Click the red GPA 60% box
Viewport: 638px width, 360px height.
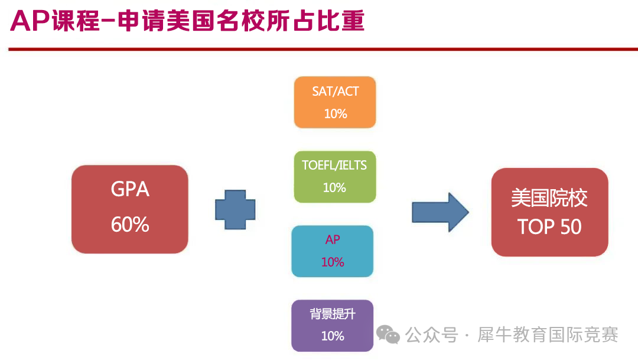point(130,209)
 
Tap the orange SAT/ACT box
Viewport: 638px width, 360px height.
point(335,102)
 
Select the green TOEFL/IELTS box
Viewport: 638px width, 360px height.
point(335,177)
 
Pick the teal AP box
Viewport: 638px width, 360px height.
point(333,251)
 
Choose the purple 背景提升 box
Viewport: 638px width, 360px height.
point(333,326)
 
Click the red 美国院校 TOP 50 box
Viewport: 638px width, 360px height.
point(549,212)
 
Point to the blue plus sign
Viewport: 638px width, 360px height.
point(235,209)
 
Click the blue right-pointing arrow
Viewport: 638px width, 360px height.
point(440,212)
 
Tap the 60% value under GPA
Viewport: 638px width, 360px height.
point(130,225)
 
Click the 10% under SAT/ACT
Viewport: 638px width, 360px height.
point(336,113)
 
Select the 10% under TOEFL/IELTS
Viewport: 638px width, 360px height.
point(334,188)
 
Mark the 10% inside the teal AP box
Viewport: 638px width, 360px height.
point(333,262)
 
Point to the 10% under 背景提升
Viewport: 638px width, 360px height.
point(333,336)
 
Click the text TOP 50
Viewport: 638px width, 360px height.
point(549,227)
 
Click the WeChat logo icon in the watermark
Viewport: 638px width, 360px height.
point(388,335)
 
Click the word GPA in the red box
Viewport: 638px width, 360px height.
point(130,190)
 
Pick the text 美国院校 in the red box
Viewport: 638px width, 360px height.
point(549,198)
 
